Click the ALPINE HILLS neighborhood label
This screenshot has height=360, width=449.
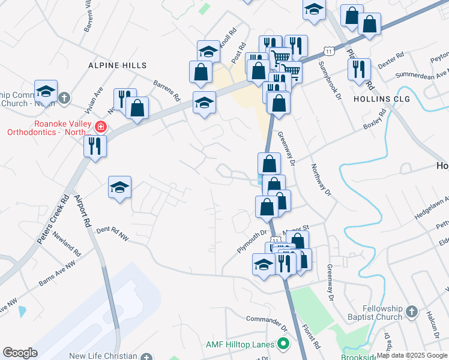point(118,65)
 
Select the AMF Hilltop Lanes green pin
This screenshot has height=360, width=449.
point(283,344)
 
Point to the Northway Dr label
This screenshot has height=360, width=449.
point(321,180)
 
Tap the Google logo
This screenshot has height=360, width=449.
point(20,353)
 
